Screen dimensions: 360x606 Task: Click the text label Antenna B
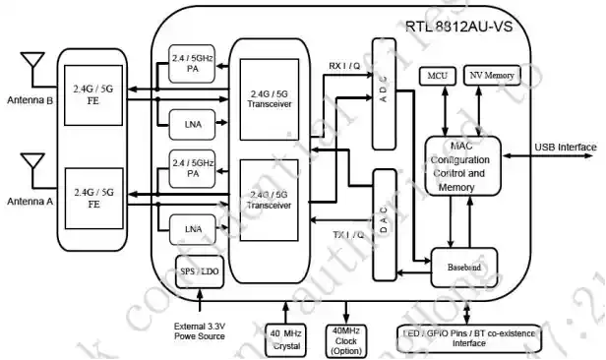(x=30, y=100)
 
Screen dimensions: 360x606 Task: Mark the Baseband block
(x=464, y=266)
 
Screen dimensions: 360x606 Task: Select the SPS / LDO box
(x=201, y=270)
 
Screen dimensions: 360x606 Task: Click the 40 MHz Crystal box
(x=286, y=338)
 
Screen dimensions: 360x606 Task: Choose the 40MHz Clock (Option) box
(x=345, y=338)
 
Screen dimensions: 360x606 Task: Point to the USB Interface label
(x=565, y=148)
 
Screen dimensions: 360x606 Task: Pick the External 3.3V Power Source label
(x=201, y=330)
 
